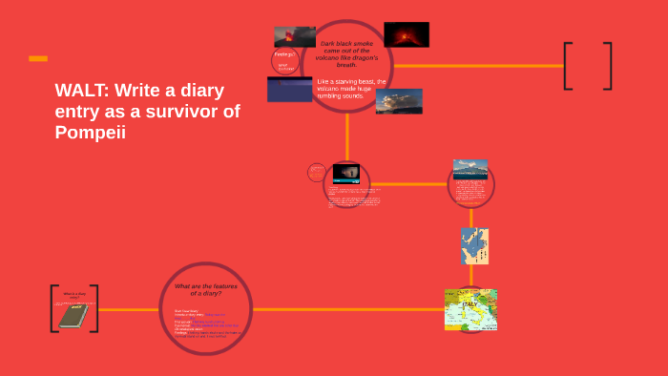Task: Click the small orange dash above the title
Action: click(38, 58)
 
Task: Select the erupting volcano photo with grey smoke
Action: click(294, 37)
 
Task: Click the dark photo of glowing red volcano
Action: click(406, 34)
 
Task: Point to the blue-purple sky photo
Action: click(289, 90)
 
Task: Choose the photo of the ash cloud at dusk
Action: click(399, 101)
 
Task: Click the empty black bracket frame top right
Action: click(587, 66)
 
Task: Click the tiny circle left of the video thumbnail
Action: click(317, 173)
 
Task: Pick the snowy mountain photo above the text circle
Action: click(470, 168)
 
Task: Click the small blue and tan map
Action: click(474, 246)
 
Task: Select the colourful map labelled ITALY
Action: click(471, 309)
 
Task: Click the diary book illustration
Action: click(73, 316)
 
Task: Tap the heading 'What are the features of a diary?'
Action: click(206, 289)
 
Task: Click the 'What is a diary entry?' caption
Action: click(73, 296)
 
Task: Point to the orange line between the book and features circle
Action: click(129, 309)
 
